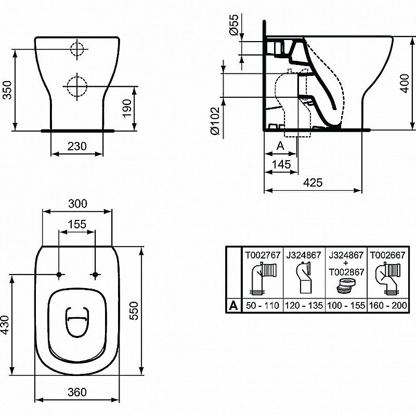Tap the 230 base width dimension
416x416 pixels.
pos(76,147)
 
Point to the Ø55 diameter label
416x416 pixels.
pos(234,25)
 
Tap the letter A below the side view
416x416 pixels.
pos(279,146)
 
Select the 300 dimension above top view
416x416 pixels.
pos(77,203)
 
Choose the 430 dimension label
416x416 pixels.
pos(6,325)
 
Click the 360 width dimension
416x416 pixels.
pos(77,392)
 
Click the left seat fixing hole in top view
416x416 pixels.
pos(59,275)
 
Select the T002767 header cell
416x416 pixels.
pos(263,256)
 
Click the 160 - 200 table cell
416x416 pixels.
pos(387,305)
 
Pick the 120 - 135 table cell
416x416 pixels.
pos(304,305)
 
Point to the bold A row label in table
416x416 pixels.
pos(234,305)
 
